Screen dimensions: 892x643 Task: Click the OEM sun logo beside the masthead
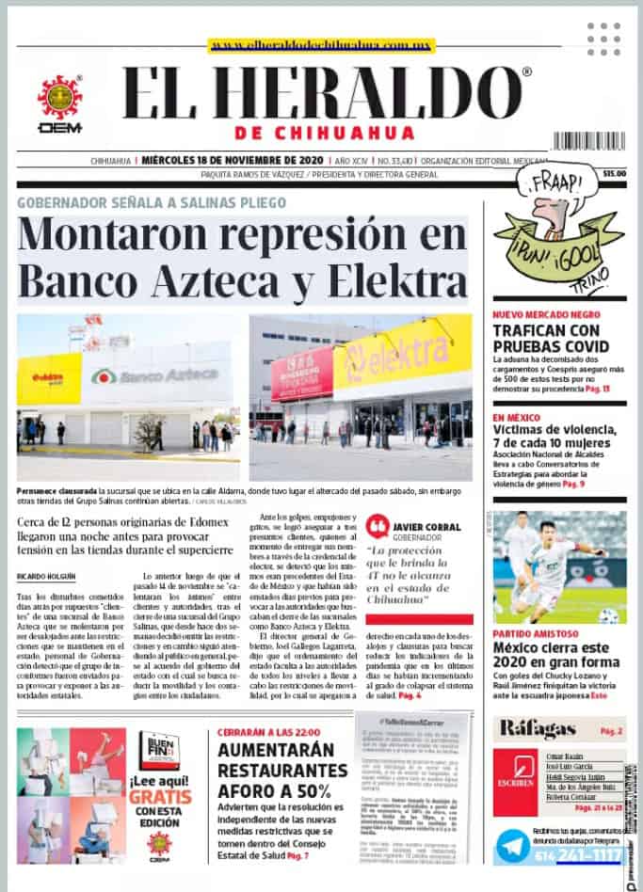(59, 98)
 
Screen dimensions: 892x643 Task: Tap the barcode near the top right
(588, 141)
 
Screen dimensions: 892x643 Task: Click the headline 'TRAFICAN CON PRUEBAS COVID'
(546, 338)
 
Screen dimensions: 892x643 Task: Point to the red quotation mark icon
(377, 526)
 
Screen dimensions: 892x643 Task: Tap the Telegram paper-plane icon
(515, 847)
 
